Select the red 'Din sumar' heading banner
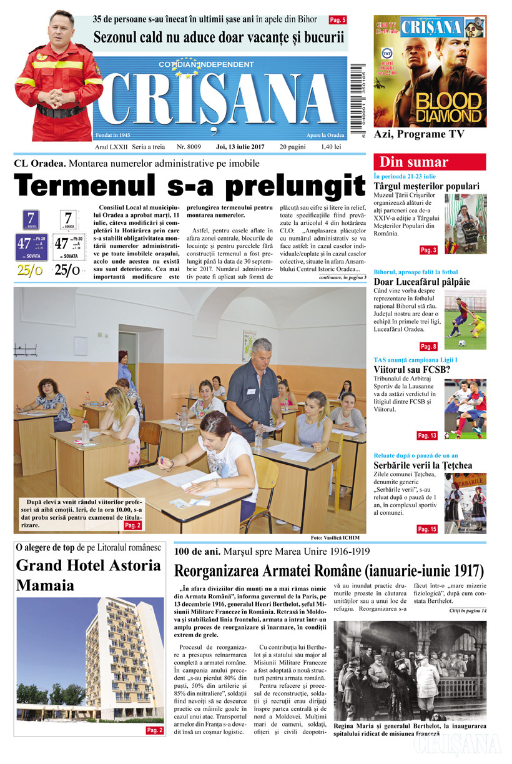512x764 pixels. click(429, 162)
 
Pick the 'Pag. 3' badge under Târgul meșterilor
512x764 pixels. click(428, 250)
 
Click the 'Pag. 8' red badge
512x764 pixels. click(428, 346)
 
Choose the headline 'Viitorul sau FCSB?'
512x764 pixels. click(411, 369)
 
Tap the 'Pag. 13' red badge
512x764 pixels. click(427, 435)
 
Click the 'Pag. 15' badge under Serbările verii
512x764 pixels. click(427, 529)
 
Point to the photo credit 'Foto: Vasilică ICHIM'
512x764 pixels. click(335, 538)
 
